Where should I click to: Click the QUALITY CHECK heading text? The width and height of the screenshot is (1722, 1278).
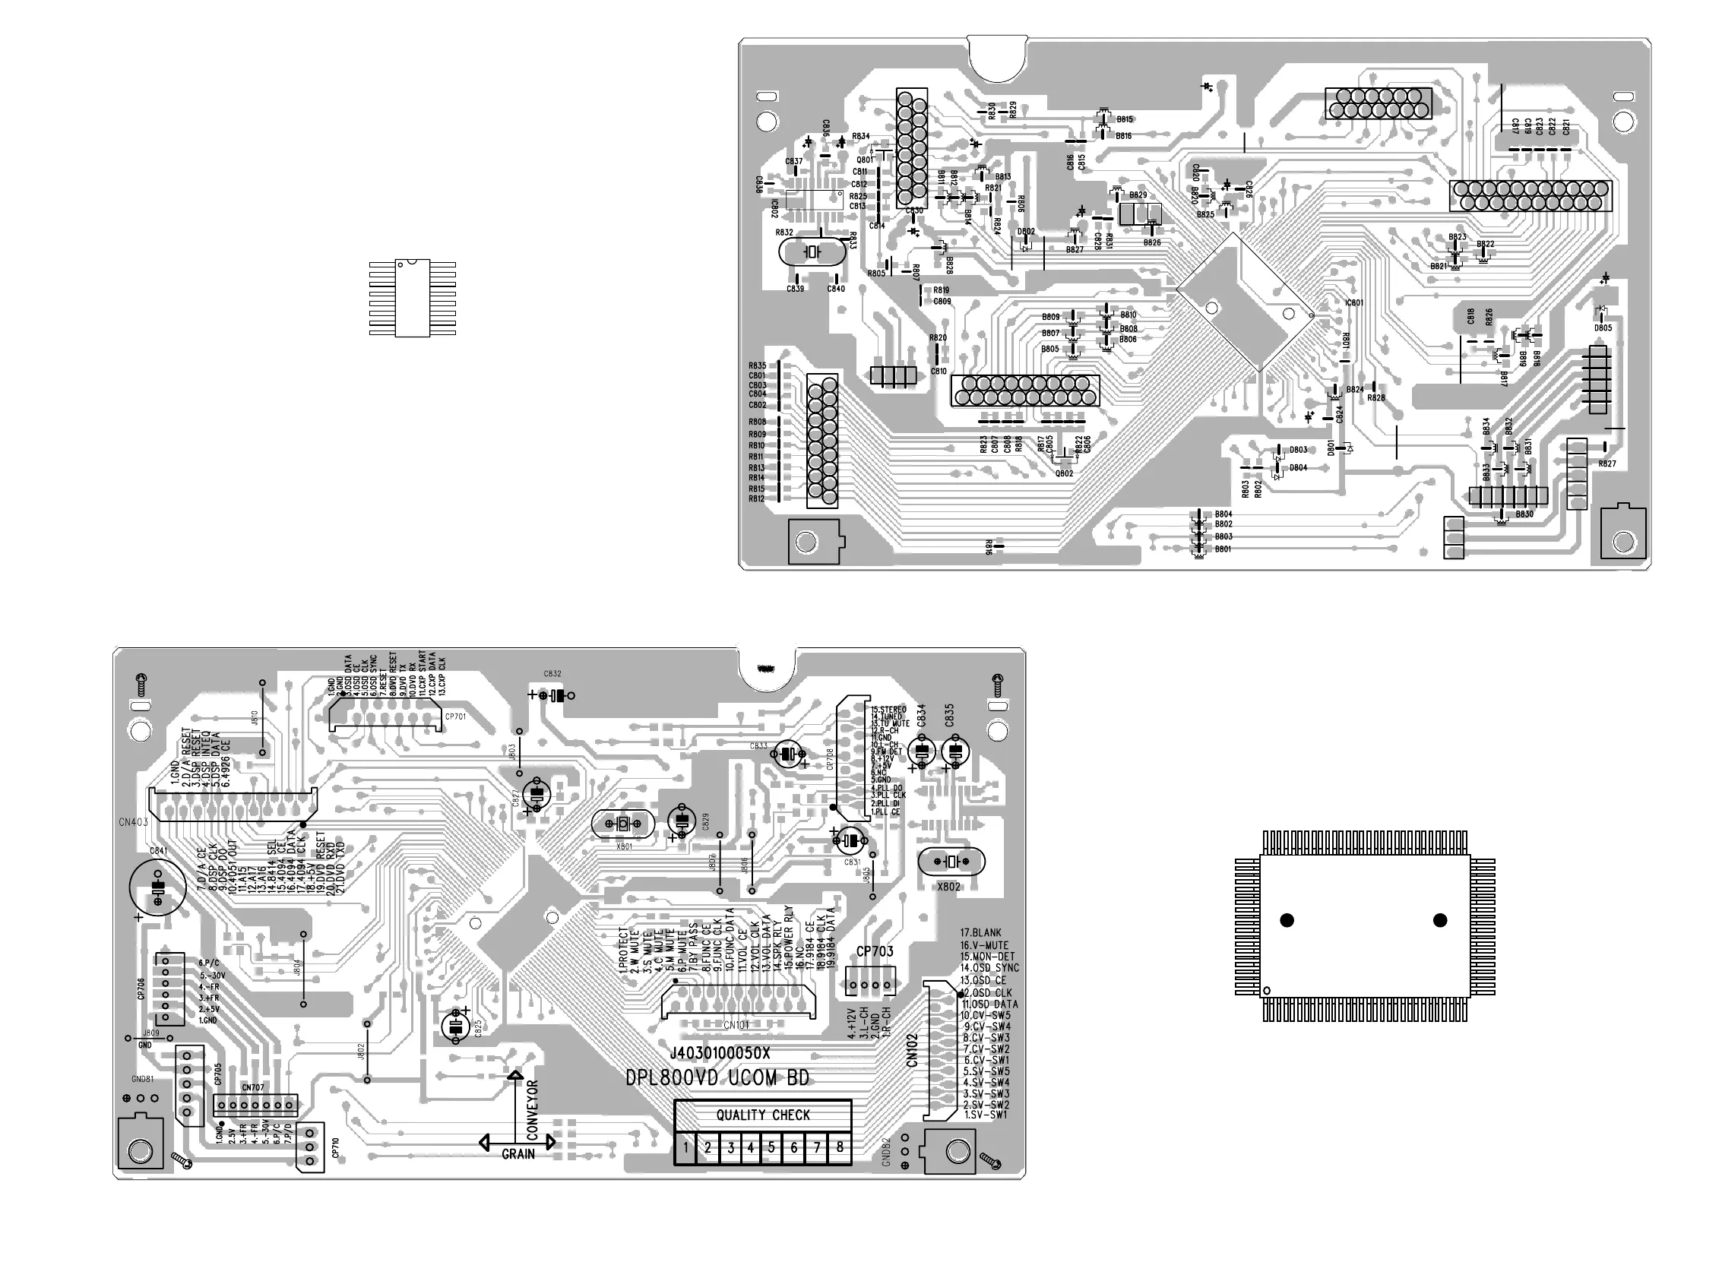763,1115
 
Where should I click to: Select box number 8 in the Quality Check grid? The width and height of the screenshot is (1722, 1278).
839,1148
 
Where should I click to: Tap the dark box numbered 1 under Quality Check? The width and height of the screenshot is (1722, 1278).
685,1148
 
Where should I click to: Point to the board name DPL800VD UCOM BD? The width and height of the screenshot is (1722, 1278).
717,1077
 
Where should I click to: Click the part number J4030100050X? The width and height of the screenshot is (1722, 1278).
720,1054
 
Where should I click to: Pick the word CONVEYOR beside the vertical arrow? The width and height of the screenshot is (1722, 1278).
532,1109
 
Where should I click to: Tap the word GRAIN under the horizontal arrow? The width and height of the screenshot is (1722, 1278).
518,1154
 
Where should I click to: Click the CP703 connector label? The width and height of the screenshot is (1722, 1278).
874,951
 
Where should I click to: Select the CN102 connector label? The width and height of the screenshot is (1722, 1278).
912,1051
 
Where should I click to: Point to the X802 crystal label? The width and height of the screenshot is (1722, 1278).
948,887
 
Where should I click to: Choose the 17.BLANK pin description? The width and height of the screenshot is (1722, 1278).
981,933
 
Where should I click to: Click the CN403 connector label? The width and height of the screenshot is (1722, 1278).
133,822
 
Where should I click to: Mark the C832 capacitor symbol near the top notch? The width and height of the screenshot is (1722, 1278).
552,695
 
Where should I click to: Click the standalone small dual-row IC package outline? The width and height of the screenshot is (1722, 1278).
413,299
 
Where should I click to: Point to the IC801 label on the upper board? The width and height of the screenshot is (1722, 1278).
1353,302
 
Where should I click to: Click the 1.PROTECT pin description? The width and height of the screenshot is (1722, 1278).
621,950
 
